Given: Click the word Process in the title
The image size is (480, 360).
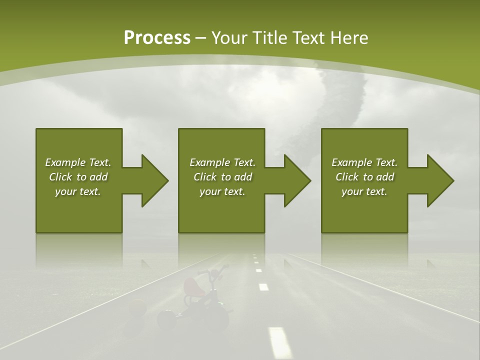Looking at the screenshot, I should [x=157, y=38].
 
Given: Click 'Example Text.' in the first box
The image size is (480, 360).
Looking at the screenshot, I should [x=78, y=162].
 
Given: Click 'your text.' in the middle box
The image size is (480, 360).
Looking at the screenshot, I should [x=222, y=191].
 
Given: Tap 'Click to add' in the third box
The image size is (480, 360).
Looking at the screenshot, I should [x=364, y=177].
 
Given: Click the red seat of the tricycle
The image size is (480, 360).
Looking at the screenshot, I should [x=191, y=286].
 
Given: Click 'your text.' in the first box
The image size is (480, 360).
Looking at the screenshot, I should [x=78, y=191].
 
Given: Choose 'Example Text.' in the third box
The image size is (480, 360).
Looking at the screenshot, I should [x=364, y=162].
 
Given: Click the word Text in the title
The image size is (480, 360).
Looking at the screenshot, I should [x=306, y=38].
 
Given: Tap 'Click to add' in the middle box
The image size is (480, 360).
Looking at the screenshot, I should [x=222, y=177].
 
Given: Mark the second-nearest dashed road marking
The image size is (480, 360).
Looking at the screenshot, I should [x=263, y=287].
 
